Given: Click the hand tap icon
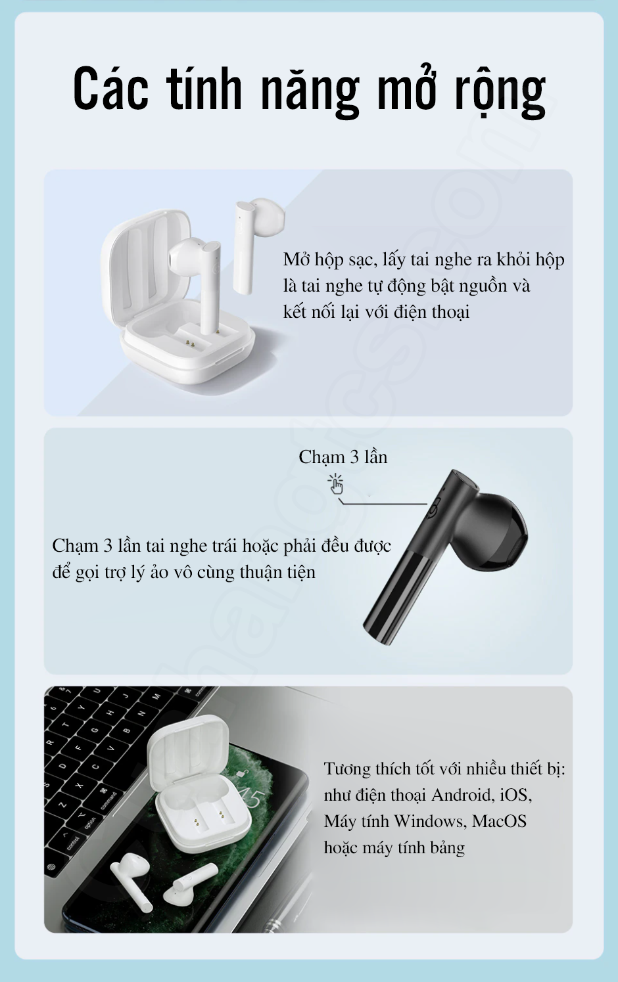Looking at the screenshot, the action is pyautogui.click(x=336, y=483).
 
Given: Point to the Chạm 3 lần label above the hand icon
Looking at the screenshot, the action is pyautogui.click(x=343, y=457).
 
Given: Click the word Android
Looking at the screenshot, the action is pyautogui.click(x=463, y=795).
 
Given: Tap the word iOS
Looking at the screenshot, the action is pyautogui.click(x=515, y=795).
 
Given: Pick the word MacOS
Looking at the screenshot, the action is pyautogui.click(x=499, y=821).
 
